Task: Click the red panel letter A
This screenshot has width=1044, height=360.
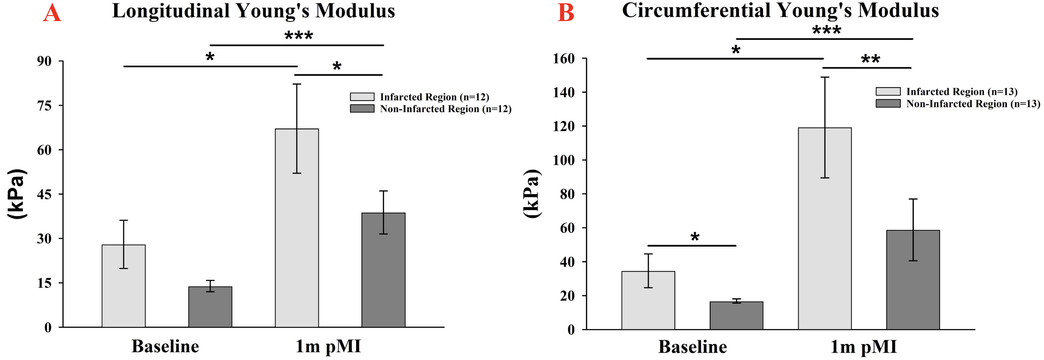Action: (52, 13)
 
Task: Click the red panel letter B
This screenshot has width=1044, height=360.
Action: (565, 13)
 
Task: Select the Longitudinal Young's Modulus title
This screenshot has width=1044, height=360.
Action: (253, 11)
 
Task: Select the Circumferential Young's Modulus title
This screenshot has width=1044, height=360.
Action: (780, 10)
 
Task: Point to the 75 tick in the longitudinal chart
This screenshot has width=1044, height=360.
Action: (44, 106)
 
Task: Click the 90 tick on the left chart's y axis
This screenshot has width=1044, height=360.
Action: (44, 61)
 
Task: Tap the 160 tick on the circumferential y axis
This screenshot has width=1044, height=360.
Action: (564, 58)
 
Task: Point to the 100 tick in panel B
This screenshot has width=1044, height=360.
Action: (564, 160)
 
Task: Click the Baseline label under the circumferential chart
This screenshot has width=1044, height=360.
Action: (693, 347)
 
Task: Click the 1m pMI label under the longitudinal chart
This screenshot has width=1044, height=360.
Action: (328, 346)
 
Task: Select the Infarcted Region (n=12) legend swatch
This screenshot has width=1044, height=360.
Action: (362, 97)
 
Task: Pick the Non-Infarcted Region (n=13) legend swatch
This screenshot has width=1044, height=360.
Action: (888, 104)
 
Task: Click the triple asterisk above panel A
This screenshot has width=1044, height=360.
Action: (299, 35)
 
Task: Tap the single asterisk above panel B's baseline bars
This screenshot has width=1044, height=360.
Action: (695, 237)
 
